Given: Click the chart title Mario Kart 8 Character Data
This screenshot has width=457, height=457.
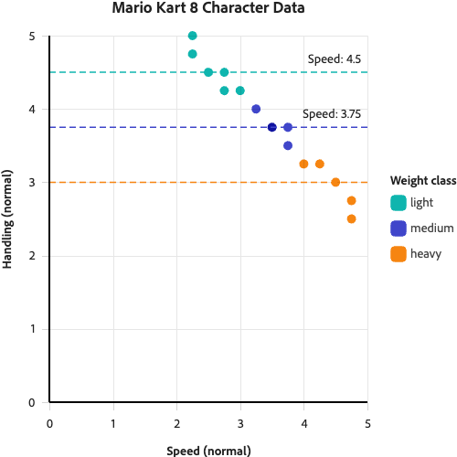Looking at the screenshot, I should tap(208, 9).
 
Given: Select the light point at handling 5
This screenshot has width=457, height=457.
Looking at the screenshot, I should tap(192, 36).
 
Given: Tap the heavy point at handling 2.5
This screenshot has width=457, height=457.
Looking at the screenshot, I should tap(351, 218).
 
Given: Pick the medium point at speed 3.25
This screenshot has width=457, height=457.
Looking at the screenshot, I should tap(256, 109).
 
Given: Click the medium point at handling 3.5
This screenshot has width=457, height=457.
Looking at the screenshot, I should tap(288, 145).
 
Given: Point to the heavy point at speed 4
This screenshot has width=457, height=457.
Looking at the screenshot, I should tap(303, 164).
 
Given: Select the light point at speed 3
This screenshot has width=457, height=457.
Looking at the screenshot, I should tap(239, 90).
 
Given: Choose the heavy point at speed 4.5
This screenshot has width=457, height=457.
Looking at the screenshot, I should tap(335, 182).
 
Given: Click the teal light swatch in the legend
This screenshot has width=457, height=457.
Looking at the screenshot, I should tap(398, 202).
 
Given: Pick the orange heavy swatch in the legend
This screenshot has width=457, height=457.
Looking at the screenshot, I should tap(398, 253).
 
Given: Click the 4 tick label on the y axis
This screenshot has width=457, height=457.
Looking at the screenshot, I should tap(31, 109).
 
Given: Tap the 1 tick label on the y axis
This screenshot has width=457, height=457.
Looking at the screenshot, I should tap(31, 328).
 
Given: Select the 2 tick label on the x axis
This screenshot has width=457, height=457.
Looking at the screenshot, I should tap(176, 424).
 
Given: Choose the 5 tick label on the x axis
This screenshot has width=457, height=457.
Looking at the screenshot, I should tap(367, 424).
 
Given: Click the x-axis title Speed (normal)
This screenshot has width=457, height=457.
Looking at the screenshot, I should tap(208, 450).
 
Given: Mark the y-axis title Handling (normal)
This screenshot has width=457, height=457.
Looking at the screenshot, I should tap(7, 219).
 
